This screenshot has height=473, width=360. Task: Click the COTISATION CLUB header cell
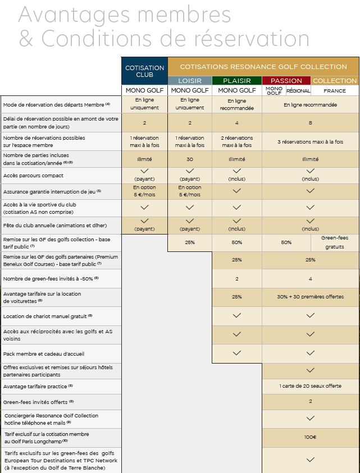click(x=144, y=71)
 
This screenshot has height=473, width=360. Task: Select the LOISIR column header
click(x=190, y=81)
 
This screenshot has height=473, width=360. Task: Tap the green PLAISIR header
click(x=236, y=81)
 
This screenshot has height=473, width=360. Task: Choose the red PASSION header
click(x=286, y=81)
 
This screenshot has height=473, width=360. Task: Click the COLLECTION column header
click(x=335, y=81)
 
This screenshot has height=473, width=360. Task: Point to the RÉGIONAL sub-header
click(x=298, y=90)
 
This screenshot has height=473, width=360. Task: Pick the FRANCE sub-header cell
click(x=335, y=90)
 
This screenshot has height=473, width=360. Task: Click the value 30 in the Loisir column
click(x=190, y=159)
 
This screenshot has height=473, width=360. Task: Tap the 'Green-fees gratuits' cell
click(x=335, y=242)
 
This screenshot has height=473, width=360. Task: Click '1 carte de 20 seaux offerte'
click(x=311, y=387)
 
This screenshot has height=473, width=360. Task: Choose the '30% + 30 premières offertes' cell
click(x=311, y=297)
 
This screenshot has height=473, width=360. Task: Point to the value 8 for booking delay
click(x=311, y=122)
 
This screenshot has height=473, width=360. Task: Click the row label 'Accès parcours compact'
click(x=33, y=176)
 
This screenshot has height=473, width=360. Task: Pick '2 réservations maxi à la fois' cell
click(x=236, y=141)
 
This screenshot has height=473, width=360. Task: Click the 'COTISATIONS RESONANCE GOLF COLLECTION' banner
click(x=263, y=67)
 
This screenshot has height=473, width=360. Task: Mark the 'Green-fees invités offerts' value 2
click(x=311, y=402)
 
